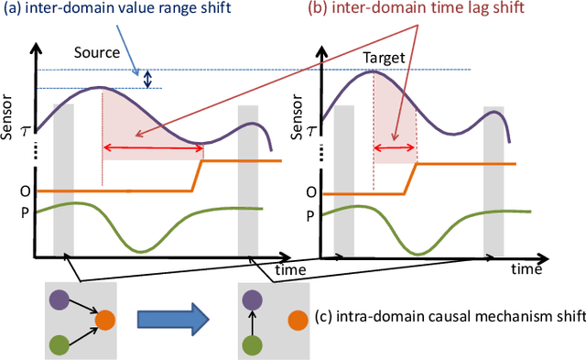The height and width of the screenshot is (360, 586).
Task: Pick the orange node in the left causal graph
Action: click(106, 319)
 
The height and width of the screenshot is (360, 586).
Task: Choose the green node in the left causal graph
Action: click(61, 343)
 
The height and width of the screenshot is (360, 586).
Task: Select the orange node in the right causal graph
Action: click(297, 320)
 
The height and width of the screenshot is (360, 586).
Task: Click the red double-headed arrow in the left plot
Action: click(151, 148)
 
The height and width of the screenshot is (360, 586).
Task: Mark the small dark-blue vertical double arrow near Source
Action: click(147, 80)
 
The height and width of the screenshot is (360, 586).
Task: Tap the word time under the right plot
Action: click(527, 269)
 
